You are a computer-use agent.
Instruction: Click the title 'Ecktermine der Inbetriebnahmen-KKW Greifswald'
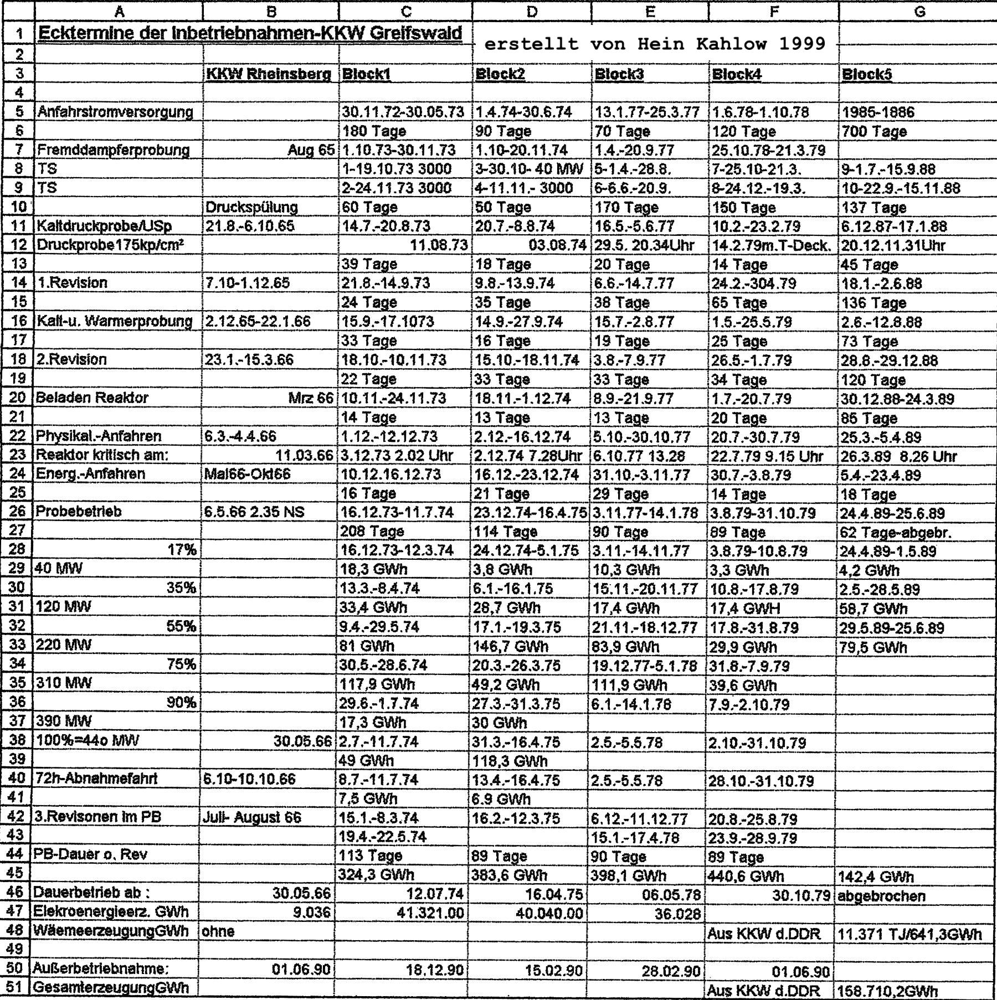click(250, 34)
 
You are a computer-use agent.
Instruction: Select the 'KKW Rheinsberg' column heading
click(269, 74)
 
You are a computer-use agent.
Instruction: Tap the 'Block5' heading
click(866, 74)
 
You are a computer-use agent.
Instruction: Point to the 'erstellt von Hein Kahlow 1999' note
click(655, 44)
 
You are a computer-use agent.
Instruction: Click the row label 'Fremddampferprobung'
click(114, 150)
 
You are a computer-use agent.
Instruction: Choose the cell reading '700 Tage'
click(874, 132)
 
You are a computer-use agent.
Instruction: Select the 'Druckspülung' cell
click(251, 207)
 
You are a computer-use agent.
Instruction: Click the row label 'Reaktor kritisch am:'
click(102, 455)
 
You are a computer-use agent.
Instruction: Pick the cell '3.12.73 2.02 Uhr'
click(398, 456)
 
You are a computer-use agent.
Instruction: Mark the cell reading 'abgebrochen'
click(881, 895)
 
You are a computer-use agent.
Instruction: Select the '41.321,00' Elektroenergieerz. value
click(430, 913)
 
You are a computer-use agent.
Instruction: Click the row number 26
click(18, 512)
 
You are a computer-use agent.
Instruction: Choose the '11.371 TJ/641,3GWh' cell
click(909, 933)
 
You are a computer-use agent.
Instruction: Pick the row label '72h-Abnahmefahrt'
click(97, 779)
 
